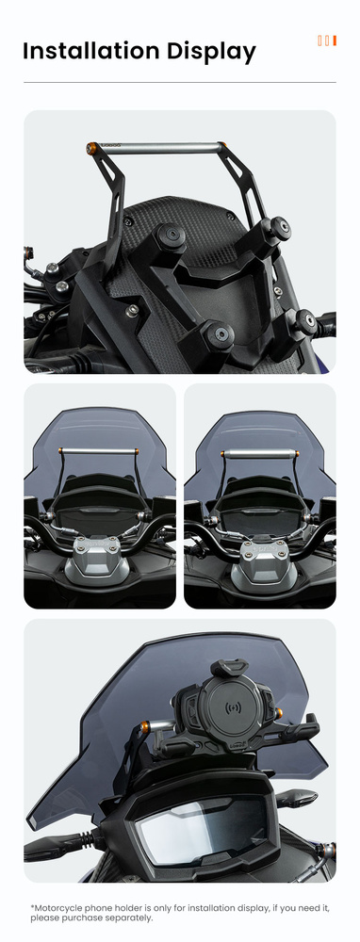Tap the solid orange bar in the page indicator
(x=335, y=41)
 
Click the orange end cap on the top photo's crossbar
(x=92, y=146)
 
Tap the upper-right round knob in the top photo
(x=279, y=228)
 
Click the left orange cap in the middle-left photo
(x=60, y=451)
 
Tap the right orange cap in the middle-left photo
(x=138, y=451)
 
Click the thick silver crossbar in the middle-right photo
(x=259, y=454)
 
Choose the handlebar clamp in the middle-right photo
(x=261, y=550)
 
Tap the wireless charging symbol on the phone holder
(x=233, y=707)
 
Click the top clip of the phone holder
(x=229, y=668)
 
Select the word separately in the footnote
(x=130, y=918)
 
